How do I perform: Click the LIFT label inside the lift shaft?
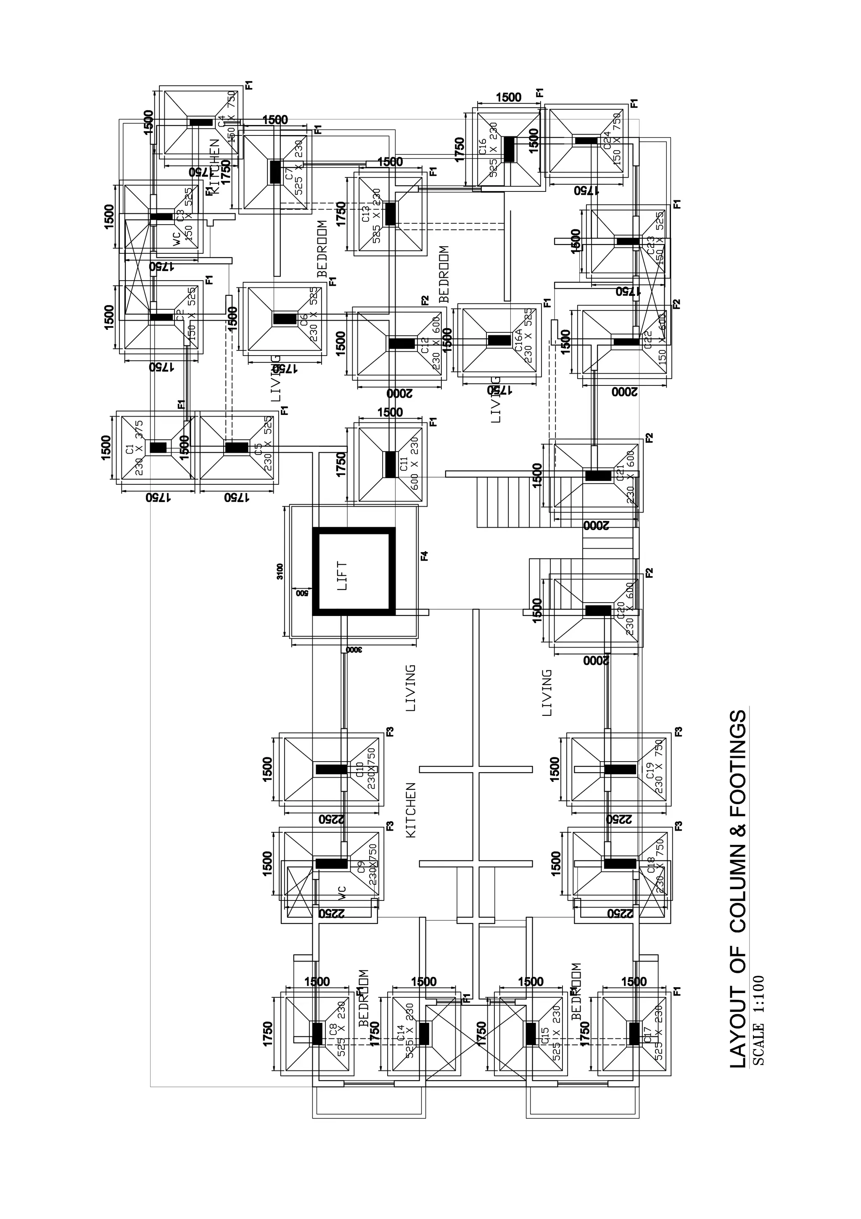coord(342,576)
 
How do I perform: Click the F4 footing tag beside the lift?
coord(424,556)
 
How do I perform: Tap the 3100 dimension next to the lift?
coord(280,571)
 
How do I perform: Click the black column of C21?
coord(598,475)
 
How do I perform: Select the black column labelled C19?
coord(620,769)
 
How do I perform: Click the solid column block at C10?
coord(332,769)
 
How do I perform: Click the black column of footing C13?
coord(391,213)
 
